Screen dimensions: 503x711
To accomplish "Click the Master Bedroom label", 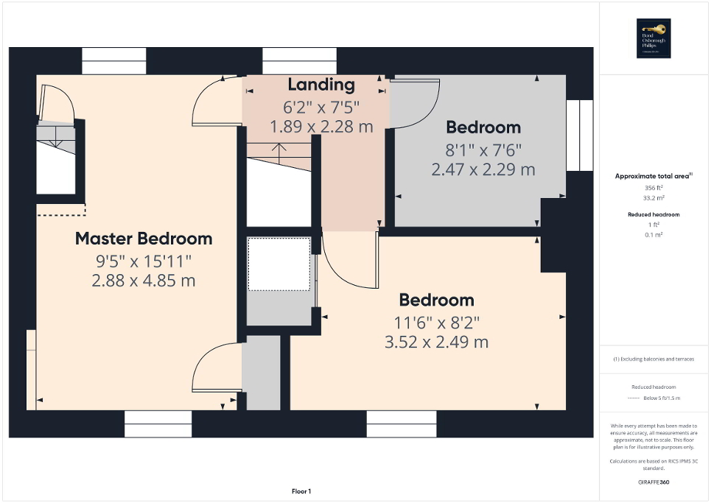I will point(144,239).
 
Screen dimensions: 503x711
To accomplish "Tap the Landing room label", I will point(321,85).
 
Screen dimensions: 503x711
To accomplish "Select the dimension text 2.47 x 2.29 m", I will point(483,170).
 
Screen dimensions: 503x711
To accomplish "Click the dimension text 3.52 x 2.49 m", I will point(436,342).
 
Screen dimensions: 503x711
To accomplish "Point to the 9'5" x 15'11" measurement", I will point(144,261).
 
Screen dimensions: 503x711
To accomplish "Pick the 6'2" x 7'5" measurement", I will point(321,106).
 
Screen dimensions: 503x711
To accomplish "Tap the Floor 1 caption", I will point(300,491).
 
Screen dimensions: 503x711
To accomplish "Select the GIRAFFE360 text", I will point(655,482).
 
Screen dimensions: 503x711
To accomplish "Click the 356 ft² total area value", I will point(654,188).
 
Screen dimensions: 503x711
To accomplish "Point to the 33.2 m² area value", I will point(654,198).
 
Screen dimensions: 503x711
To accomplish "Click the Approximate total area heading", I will point(654,176).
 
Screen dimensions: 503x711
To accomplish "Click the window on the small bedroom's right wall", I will point(579,136).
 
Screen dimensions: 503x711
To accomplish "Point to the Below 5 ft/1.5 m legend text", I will point(660,398).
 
